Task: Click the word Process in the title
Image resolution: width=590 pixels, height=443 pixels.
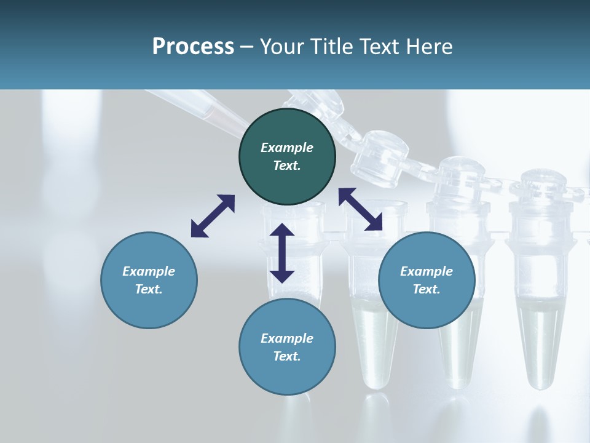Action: point(193,47)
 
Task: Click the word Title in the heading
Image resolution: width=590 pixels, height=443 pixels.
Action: point(327,47)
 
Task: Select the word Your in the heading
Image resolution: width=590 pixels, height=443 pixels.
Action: point(280,47)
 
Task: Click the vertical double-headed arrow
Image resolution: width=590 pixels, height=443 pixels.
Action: point(282,253)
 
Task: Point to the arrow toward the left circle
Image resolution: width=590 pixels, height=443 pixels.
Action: point(213,215)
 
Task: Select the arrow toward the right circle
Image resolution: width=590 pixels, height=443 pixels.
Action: point(361,209)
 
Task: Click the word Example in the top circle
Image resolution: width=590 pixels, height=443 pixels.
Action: point(287,148)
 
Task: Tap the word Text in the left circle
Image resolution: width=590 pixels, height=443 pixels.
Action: point(149,289)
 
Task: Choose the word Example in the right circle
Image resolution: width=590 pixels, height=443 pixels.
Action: point(427,271)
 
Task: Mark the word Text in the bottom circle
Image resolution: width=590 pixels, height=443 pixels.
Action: point(287,356)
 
